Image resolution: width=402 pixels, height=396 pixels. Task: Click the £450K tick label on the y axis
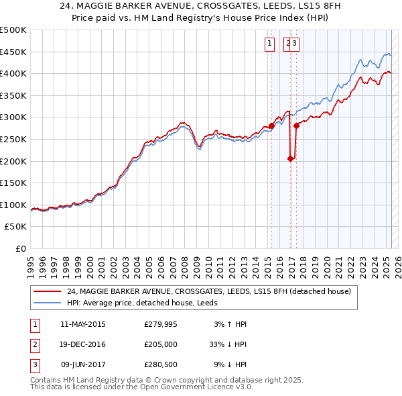tap(13, 52)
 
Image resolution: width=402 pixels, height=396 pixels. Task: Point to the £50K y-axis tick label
tap(15, 227)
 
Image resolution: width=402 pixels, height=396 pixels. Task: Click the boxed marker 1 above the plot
tap(269, 44)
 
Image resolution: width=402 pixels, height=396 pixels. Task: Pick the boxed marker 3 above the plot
tap(295, 44)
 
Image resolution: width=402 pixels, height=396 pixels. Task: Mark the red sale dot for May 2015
tap(271, 126)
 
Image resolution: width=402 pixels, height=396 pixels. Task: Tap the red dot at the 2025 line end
tap(389, 72)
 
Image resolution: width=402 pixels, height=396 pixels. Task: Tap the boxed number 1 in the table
tap(34, 324)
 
